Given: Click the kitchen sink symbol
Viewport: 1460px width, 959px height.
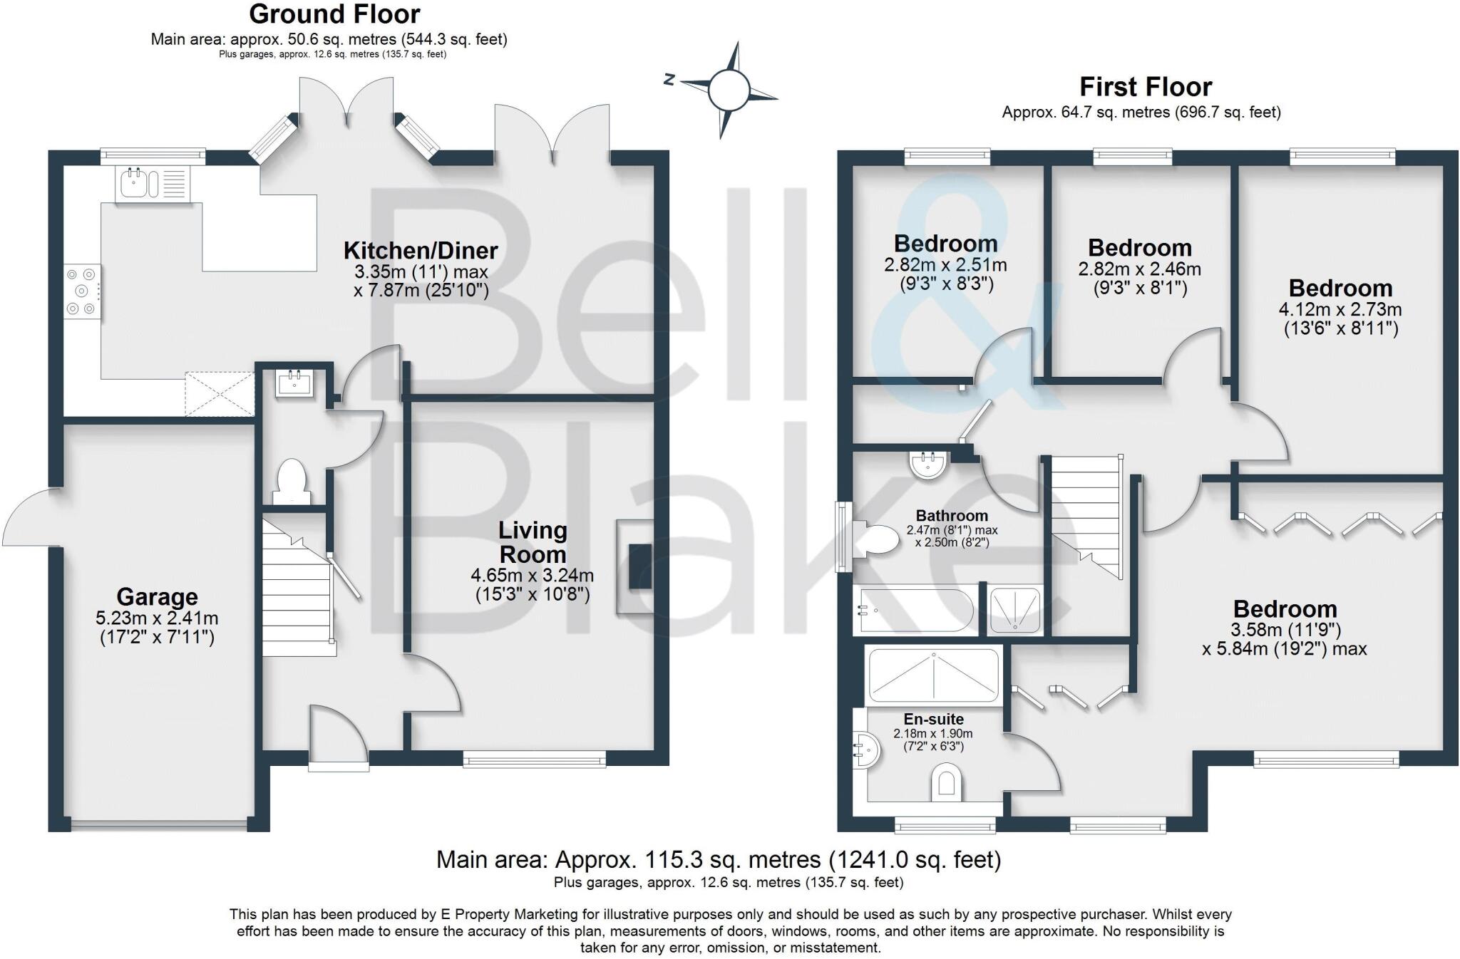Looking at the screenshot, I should click(x=152, y=183).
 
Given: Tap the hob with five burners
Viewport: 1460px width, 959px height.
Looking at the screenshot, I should click(x=82, y=291).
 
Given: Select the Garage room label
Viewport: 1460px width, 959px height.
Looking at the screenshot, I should click(x=157, y=596).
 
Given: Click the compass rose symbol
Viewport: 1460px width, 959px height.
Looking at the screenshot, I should click(x=728, y=90).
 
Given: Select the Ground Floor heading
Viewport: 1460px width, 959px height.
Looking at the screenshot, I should click(x=334, y=14).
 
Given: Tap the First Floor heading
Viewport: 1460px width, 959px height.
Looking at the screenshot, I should click(x=1145, y=87).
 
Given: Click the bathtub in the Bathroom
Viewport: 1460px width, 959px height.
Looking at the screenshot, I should click(x=913, y=611).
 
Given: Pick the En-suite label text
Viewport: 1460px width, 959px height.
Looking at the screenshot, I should click(x=933, y=719).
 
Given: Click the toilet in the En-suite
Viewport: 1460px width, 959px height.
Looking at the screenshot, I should click(x=946, y=782).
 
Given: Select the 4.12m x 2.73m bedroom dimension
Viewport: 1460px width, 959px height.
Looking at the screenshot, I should click(x=1340, y=309).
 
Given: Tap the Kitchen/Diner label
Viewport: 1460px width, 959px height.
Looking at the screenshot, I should click(x=421, y=250).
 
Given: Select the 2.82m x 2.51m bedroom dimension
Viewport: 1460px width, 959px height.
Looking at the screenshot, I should click(x=945, y=265).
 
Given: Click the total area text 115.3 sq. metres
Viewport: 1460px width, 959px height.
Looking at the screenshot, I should click(x=718, y=859).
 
